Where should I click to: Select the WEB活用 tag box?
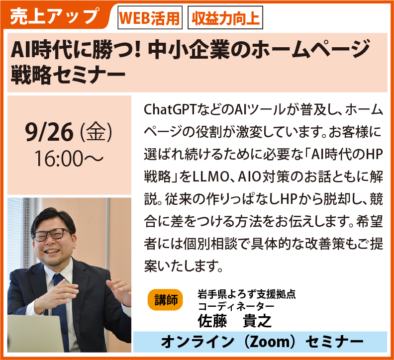(x=150, y=18)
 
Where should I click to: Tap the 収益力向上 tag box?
(x=225, y=18)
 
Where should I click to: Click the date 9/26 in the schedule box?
(x=49, y=132)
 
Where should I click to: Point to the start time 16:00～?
(x=68, y=159)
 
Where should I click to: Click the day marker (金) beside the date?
(x=96, y=132)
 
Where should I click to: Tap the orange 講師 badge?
(x=165, y=300)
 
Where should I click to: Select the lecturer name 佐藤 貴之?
(x=235, y=320)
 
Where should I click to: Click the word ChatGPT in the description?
(x=170, y=110)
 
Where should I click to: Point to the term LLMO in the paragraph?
(x=211, y=177)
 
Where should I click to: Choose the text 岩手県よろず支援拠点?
(x=247, y=294)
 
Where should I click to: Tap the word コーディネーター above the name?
(x=236, y=306)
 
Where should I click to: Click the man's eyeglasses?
(x=52, y=235)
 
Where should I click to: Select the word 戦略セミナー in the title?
(x=68, y=75)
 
